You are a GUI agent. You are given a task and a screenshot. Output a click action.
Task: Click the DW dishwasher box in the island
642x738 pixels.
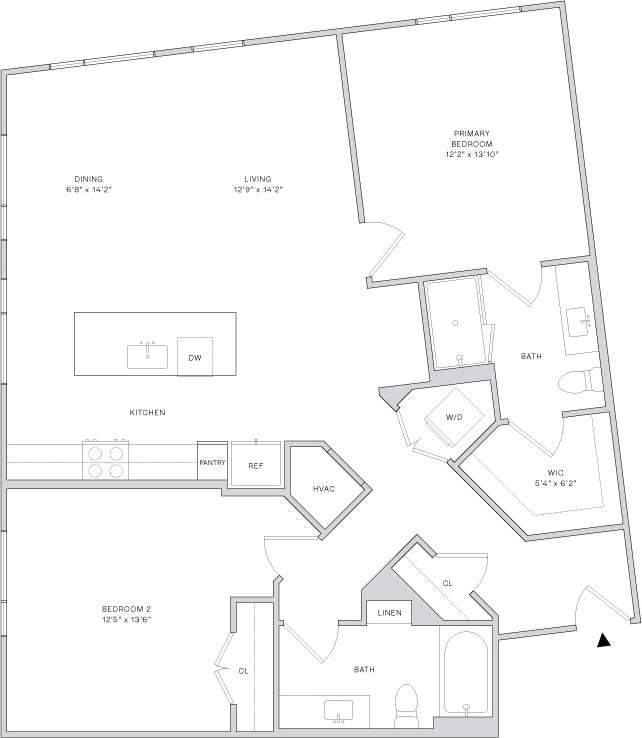(x=195, y=356)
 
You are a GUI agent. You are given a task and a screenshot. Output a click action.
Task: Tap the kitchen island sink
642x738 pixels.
(x=147, y=355)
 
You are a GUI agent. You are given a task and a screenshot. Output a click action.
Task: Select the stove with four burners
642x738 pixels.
(x=105, y=460)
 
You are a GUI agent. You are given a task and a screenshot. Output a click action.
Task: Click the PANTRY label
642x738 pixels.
(x=212, y=463)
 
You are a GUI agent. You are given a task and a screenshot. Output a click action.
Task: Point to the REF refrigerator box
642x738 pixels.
(x=255, y=465)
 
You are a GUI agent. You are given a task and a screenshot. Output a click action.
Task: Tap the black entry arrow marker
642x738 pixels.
(x=603, y=641)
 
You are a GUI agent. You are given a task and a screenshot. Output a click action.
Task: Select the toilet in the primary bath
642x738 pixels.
(x=580, y=381)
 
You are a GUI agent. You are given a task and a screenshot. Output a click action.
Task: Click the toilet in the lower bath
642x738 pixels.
(x=407, y=702)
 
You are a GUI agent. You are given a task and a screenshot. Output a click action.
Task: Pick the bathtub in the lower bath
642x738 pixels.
(x=465, y=673)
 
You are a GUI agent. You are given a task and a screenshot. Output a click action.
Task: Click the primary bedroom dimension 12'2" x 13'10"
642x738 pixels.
(x=471, y=155)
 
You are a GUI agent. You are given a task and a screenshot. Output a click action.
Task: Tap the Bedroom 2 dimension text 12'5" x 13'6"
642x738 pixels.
(x=126, y=619)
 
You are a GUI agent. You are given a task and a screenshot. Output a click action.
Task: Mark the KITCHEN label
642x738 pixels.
(x=147, y=412)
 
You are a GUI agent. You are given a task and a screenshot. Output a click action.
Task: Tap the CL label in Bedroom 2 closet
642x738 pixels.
(x=243, y=670)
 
